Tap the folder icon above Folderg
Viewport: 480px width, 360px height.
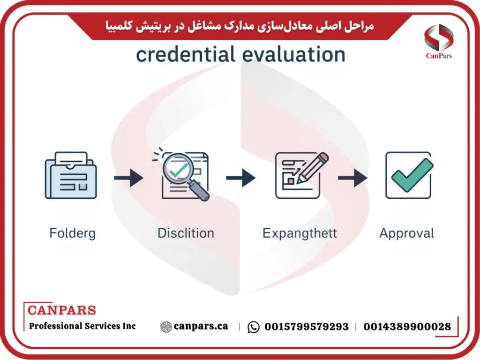(70, 176)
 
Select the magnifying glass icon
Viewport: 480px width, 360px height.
(180, 174)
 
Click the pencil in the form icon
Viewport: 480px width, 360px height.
(310, 166)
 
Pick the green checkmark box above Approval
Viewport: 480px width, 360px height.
(408, 175)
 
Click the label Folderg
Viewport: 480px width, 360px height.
(72, 233)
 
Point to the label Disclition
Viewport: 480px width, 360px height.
(186, 233)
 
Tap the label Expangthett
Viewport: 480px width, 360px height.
(300, 233)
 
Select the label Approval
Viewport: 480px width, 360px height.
(407, 233)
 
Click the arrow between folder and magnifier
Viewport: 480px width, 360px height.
(128, 178)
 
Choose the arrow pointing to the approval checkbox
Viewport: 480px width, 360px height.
(352, 178)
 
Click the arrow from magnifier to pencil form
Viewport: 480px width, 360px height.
(240, 178)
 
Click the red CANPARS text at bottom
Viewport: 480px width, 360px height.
(61, 310)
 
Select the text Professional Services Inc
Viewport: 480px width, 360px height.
(82, 326)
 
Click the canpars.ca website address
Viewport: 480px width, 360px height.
(201, 326)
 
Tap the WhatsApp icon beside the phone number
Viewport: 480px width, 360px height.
(254, 327)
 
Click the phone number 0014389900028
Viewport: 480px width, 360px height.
(407, 327)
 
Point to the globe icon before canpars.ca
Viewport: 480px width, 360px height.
(166, 327)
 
